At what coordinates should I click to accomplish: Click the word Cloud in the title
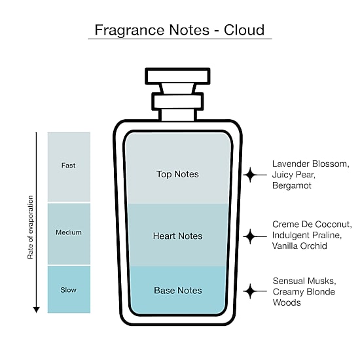[x=244, y=30]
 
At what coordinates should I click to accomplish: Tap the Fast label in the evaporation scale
[x=68, y=166]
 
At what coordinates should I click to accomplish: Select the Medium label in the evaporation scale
[x=69, y=232]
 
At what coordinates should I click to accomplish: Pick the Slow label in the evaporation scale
[x=69, y=290]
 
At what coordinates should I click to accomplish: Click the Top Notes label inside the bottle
[x=177, y=174]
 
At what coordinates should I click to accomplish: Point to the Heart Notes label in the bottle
[x=177, y=236]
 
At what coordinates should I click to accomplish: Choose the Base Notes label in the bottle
[x=178, y=291]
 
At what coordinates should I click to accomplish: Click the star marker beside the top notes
[x=250, y=175]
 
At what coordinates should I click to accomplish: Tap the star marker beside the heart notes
[x=250, y=236]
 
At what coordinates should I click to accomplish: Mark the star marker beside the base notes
[x=250, y=291]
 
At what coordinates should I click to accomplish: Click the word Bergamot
[x=292, y=185]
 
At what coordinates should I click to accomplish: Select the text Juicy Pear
[x=294, y=175]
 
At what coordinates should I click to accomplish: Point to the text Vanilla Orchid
[x=300, y=246]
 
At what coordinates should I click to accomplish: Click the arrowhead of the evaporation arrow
[x=36, y=310]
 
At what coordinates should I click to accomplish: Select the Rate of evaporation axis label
[x=30, y=227]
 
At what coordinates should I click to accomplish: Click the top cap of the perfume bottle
[x=177, y=76]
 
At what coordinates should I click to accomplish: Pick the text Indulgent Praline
[x=307, y=235]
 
